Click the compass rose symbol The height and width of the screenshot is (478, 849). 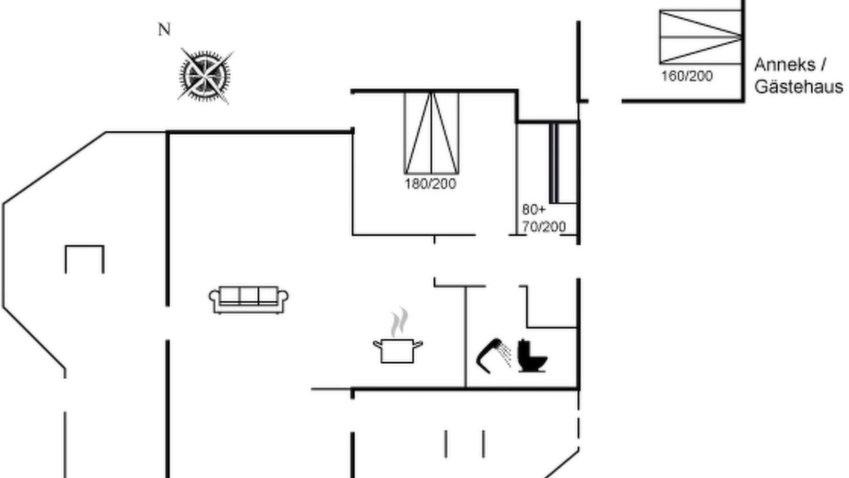click(205, 76)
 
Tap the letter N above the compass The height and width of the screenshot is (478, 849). click(164, 29)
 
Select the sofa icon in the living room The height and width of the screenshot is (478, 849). click(248, 299)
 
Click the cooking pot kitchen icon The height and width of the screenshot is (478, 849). click(397, 351)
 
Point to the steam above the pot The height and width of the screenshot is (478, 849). click(399, 322)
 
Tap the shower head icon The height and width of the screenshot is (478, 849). click(493, 356)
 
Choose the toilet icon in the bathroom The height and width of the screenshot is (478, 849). click(532, 356)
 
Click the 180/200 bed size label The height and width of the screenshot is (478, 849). click(430, 184)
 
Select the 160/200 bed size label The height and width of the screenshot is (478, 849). click(686, 76)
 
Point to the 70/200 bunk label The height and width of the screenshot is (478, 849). click(544, 227)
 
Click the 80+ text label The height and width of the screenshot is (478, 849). click(534, 209)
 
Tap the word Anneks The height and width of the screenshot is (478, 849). click(785, 65)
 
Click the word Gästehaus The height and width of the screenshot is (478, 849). click(799, 87)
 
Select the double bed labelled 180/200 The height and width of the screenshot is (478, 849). click(431, 133)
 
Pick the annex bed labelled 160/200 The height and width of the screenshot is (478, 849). click(700, 37)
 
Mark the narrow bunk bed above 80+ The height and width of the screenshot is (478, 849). click(563, 163)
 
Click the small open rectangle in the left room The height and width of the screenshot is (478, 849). click(84, 246)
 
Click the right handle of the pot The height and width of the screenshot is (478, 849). click(418, 344)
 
